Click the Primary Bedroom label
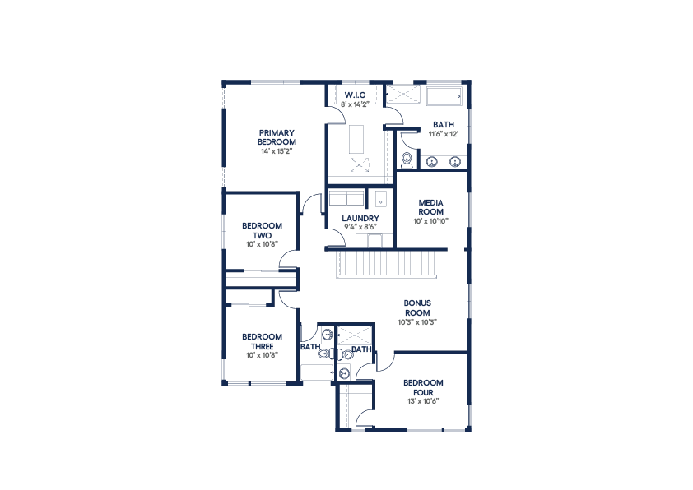tap(277, 137)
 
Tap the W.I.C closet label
tap(355, 95)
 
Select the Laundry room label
tap(360, 218)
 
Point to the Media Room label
tap(431, 207)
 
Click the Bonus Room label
tap(417, 307)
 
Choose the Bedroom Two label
tap(262, 230)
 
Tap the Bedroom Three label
tap(262, 341)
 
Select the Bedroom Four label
tap(423, 387)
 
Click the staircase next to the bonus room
tap(386, 264)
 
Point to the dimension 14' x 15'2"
tap(277, 151)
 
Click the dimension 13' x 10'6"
tap(423, 401)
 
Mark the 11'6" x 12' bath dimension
tap(444, 134)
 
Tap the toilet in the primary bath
tap(407, 159)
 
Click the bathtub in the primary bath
tap(444, 96)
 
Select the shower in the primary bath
tap(403, 95)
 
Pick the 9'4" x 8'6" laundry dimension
tap(360, 227)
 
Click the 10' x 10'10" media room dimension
tap(431, 221)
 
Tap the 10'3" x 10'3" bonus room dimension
tap(417, 322)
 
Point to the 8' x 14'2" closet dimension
tap(355, 104)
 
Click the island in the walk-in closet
tap(356, 139)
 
